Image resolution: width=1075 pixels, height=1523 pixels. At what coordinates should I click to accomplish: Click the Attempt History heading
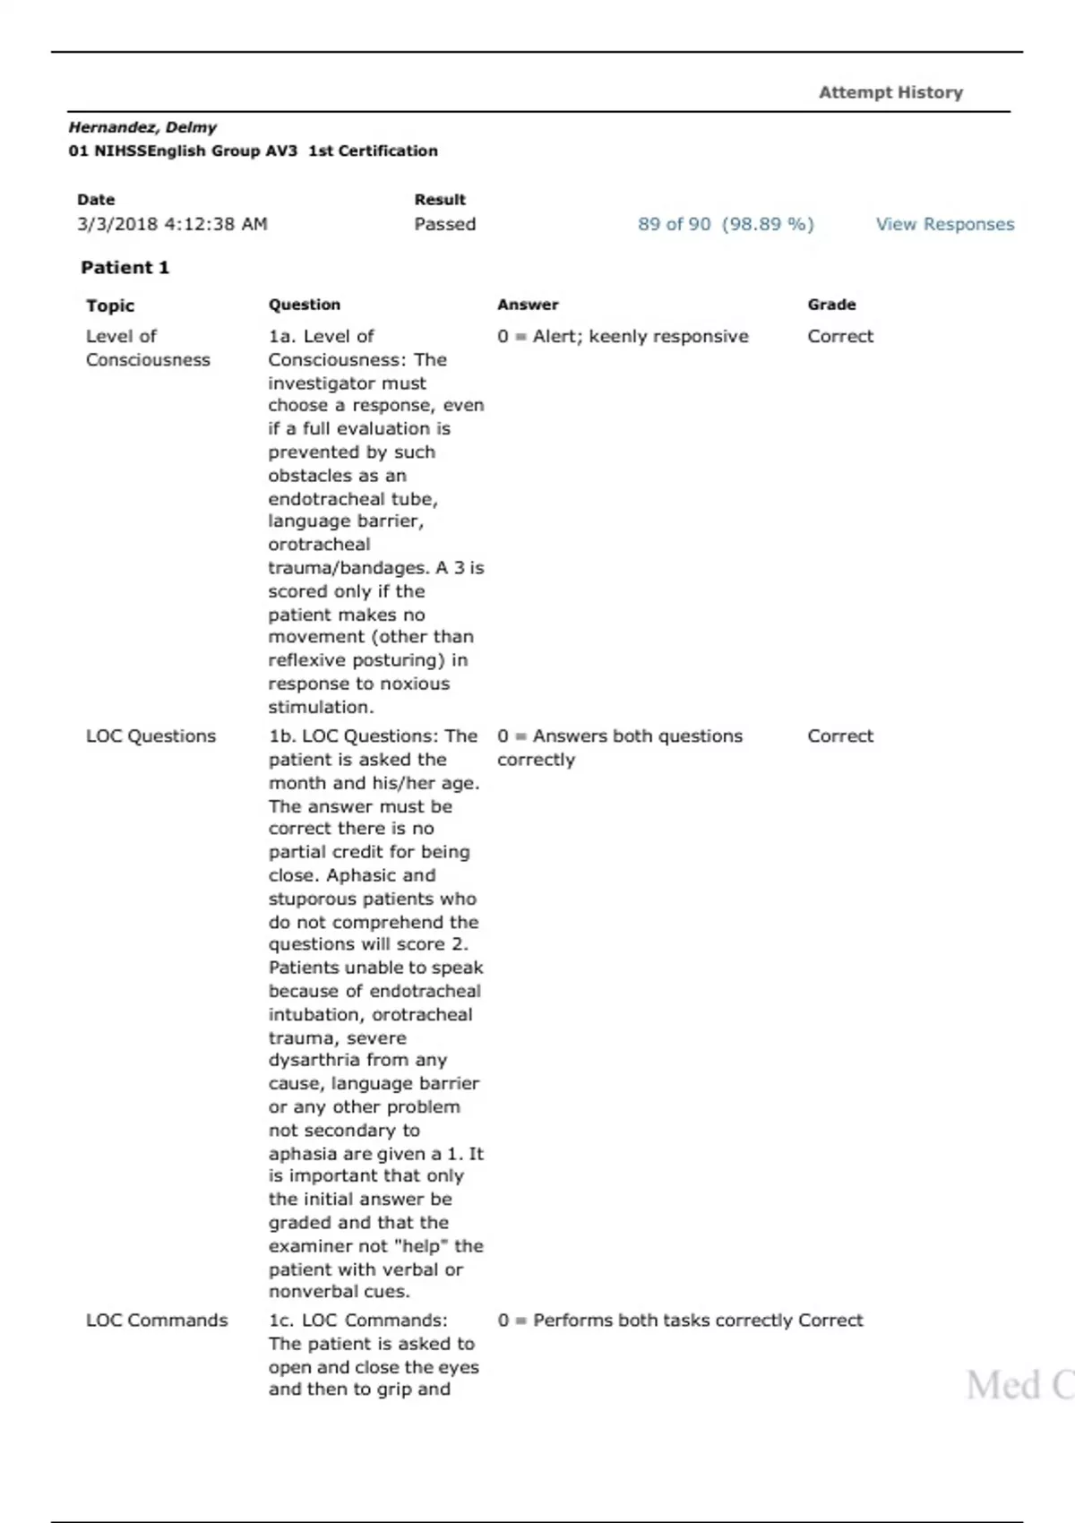point(890,92)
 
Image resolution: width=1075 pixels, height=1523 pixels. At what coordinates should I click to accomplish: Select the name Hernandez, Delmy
point(142,127)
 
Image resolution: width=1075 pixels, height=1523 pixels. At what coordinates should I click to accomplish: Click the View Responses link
point(944,224)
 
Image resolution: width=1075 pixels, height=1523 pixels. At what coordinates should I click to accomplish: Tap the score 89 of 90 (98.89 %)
point(726,224)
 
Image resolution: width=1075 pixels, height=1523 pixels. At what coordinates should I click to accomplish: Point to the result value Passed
point(444,224)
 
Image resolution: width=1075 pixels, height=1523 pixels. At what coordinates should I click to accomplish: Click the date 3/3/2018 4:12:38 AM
point(172,224)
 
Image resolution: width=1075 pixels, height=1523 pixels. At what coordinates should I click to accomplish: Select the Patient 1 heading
point(125,267)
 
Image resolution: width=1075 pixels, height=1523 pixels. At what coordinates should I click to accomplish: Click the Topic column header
point(110,305)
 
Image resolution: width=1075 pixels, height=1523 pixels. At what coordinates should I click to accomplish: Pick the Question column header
point(305,305)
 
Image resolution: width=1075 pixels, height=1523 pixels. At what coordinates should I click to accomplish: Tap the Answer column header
point(528,305)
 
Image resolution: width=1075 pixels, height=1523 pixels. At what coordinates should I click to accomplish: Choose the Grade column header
point(831,305)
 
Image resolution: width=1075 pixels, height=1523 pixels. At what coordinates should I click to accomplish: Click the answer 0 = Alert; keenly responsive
point(623,336)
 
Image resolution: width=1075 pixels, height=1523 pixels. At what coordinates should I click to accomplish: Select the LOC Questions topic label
point(150,736)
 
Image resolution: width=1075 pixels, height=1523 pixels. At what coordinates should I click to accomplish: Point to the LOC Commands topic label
point(157,1320)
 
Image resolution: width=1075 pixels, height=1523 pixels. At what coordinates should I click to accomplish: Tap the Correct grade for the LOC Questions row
point(839,736)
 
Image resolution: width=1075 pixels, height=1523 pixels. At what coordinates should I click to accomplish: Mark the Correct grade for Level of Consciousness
point(839,336)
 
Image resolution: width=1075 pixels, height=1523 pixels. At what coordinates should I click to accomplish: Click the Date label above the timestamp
point(96,200)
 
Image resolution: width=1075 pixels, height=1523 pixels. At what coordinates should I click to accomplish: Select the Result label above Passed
point(440,200)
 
